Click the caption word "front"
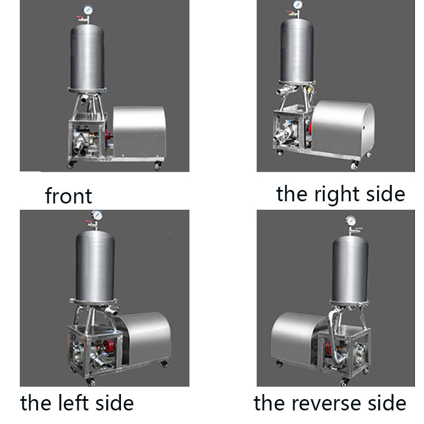68,196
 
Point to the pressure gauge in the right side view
297,5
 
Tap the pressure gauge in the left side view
96,217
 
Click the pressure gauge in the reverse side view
351,220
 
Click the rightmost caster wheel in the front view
158,166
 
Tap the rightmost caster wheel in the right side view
354,166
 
